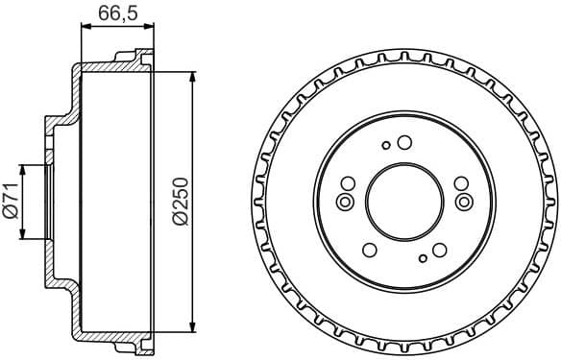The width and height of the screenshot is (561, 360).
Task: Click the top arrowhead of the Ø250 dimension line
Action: (x=193, y=75)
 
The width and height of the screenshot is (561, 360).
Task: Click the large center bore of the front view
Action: (x=403, y=200)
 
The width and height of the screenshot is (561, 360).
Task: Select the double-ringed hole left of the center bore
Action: (x=344, y=202)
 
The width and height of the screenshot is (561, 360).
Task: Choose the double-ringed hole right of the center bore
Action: (x=464, y=201)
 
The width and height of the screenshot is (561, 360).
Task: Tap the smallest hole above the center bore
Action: (x=386, y=146)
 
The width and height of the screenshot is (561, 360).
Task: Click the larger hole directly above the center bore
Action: (x=404, y=143)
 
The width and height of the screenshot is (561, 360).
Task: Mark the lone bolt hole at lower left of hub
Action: (x=368, y=251)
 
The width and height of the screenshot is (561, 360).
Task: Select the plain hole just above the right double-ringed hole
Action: (x=459, y=185)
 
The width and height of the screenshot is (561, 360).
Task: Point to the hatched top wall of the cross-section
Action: (x=110, y=65)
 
